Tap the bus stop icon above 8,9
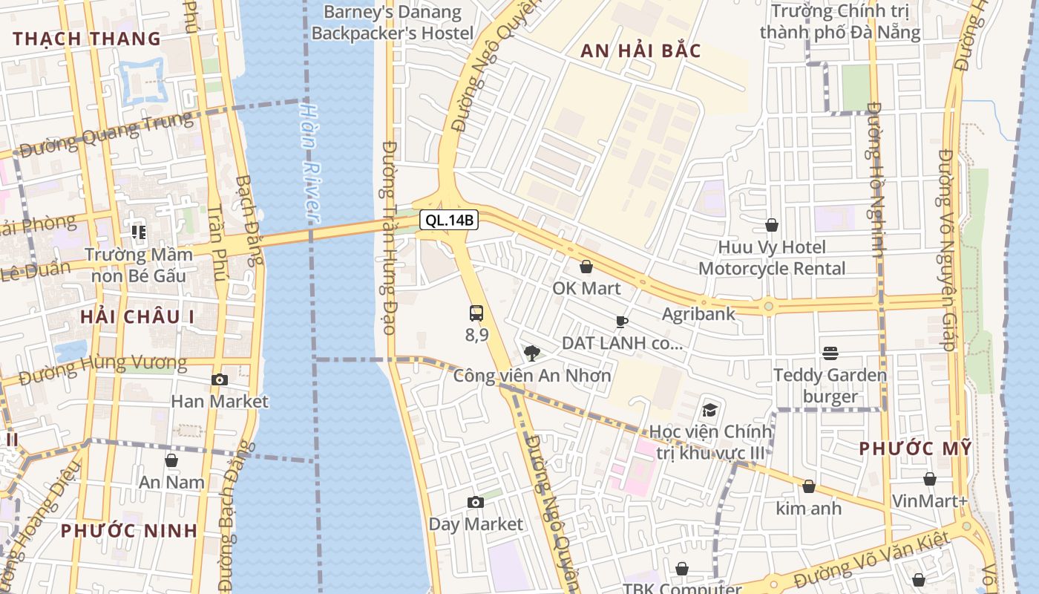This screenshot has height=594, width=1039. [x=476, y=313]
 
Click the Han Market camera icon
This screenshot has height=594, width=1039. [x=219, y=379]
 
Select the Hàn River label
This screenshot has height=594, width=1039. [x=310, y=161]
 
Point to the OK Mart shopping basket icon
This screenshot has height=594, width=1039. [x=586, y=266]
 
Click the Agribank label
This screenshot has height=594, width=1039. [x=698, y=313]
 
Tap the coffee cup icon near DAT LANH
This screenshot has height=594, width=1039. [x=621, y=322]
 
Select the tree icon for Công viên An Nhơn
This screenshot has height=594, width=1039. [x=531, y=353]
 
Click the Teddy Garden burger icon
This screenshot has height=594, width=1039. [x=830, y=353]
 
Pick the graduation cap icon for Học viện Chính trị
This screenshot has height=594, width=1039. [x=710, y=410]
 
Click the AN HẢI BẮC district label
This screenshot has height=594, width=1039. [x=640, y=50]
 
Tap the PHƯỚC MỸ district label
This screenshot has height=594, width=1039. [x=915, y=448]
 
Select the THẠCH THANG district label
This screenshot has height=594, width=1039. [x=87, y=39]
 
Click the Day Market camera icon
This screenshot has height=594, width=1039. [x=476, y=503]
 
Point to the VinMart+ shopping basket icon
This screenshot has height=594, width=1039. [x=929, y=479]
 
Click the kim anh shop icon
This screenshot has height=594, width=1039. [x=809, y=486]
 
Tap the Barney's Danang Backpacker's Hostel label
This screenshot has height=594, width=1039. [x=393, y=22]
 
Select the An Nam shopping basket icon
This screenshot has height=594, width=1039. [x=171, y=460]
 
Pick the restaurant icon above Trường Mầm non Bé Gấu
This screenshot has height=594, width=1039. [x=139, y=232]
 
